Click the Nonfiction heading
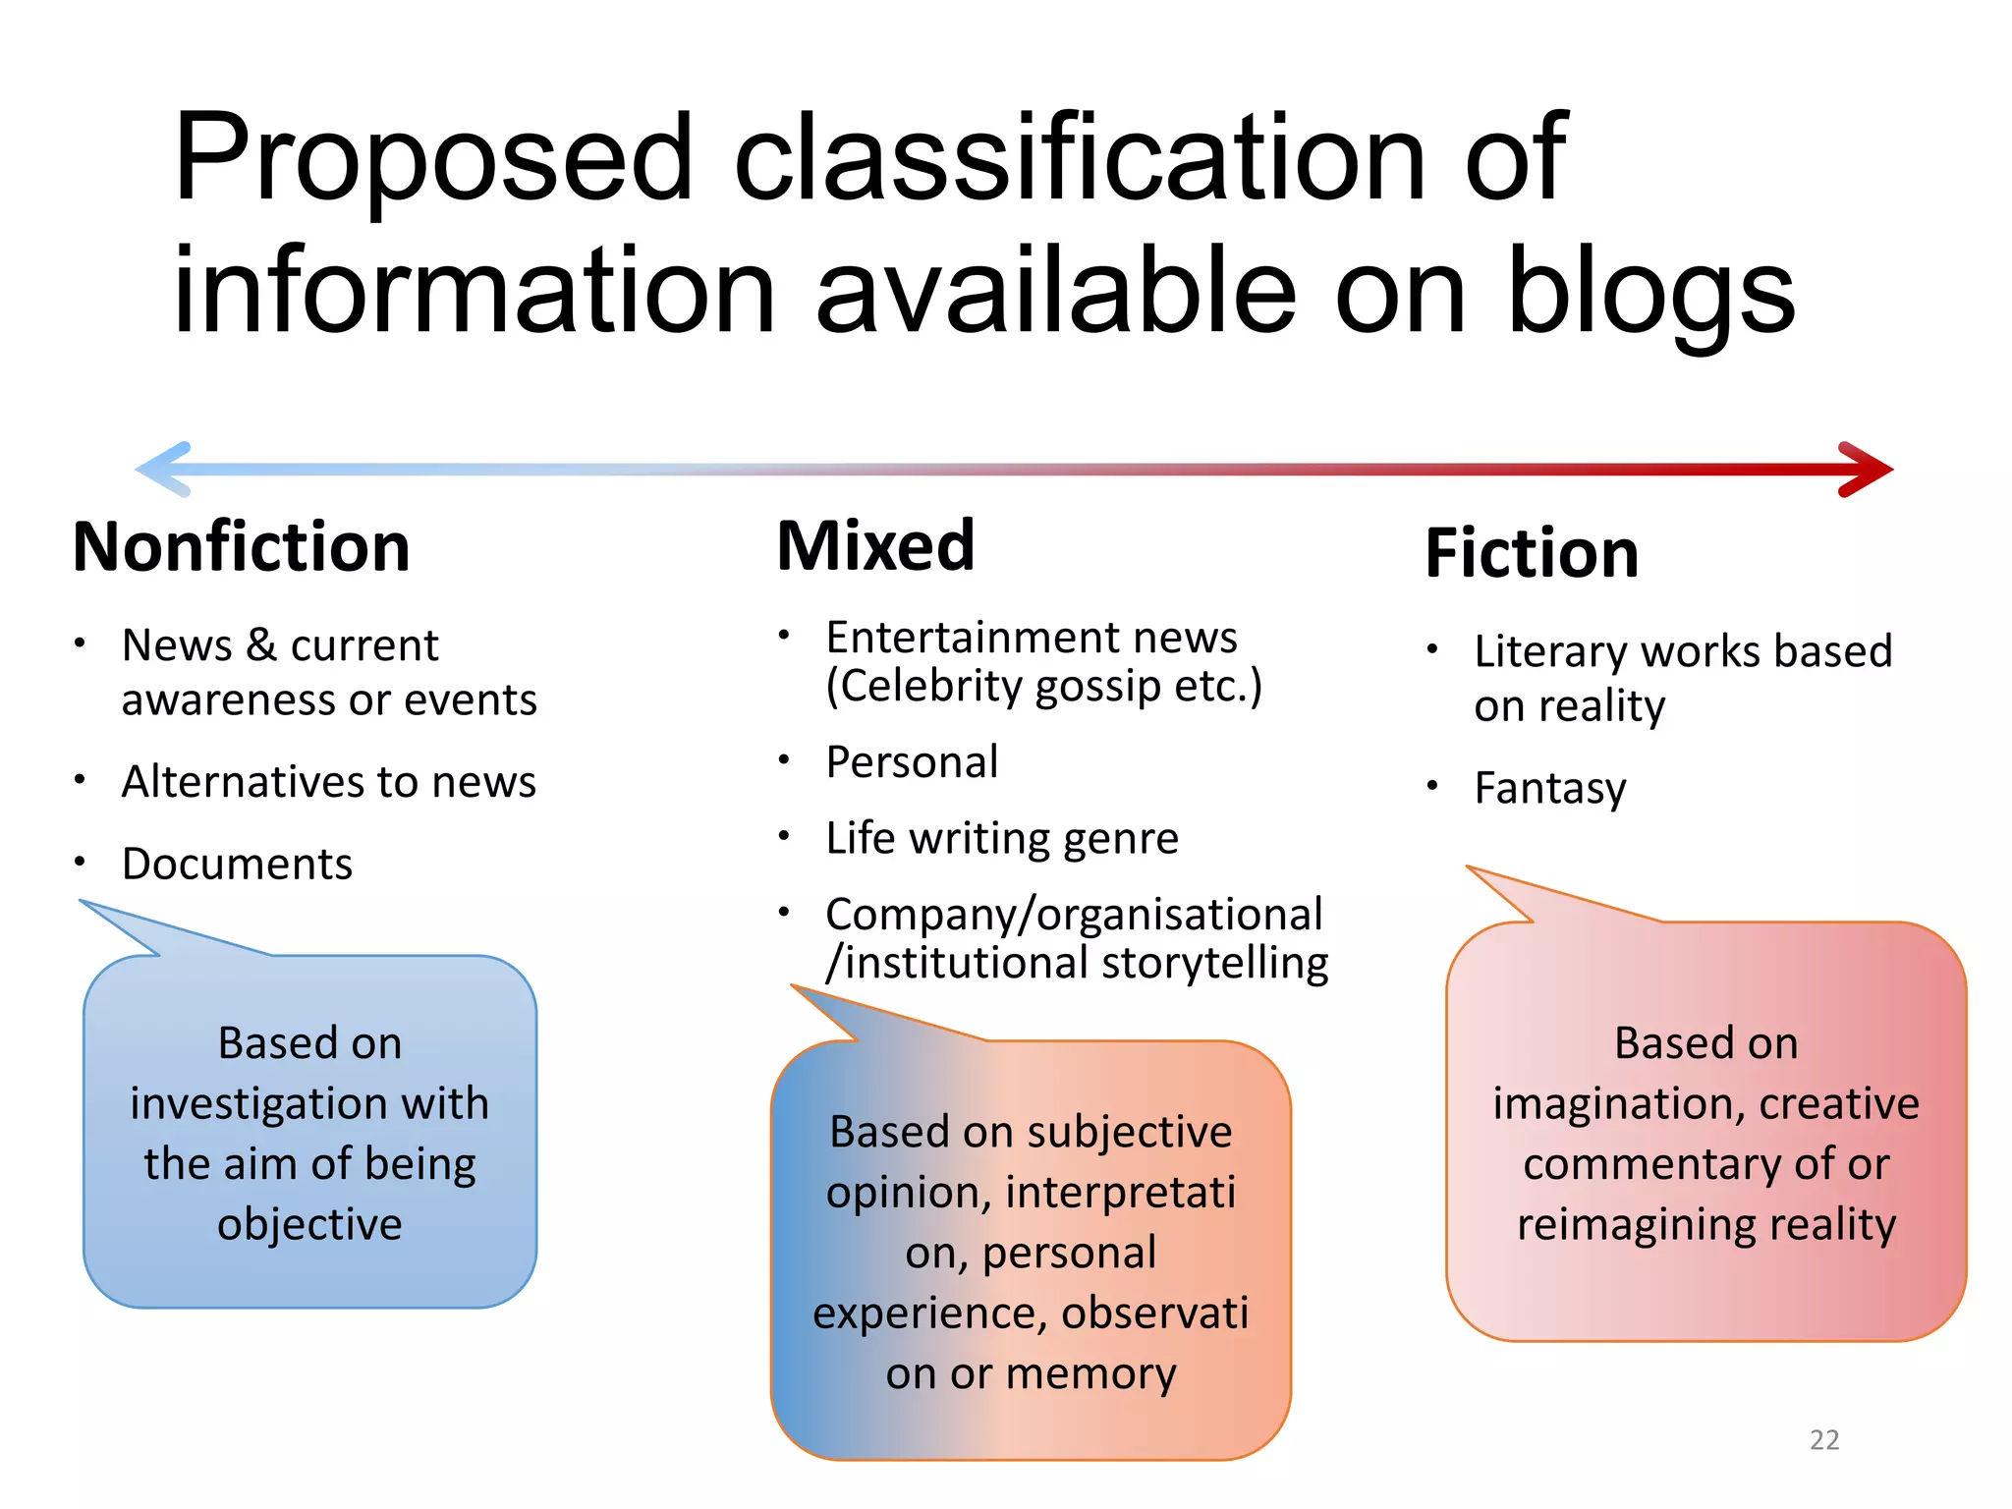[x=242, y=547]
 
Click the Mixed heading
[x=875, y=546]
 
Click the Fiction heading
[x=1532, y=554]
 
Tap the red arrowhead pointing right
[x=1867, y=470]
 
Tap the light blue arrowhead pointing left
[x=162, y=469]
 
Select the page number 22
[x=1824, y=1440]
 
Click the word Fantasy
[x=1550, y=789]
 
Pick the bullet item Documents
[x=237, y=865]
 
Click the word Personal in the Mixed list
[x=912, y=762]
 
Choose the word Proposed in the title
[x=433, y=159]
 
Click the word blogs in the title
[x=1649, y=292]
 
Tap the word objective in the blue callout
[x=309, y=1225]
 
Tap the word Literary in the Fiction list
[x=1550, y=652]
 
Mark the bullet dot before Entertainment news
[x=784, y=636]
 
